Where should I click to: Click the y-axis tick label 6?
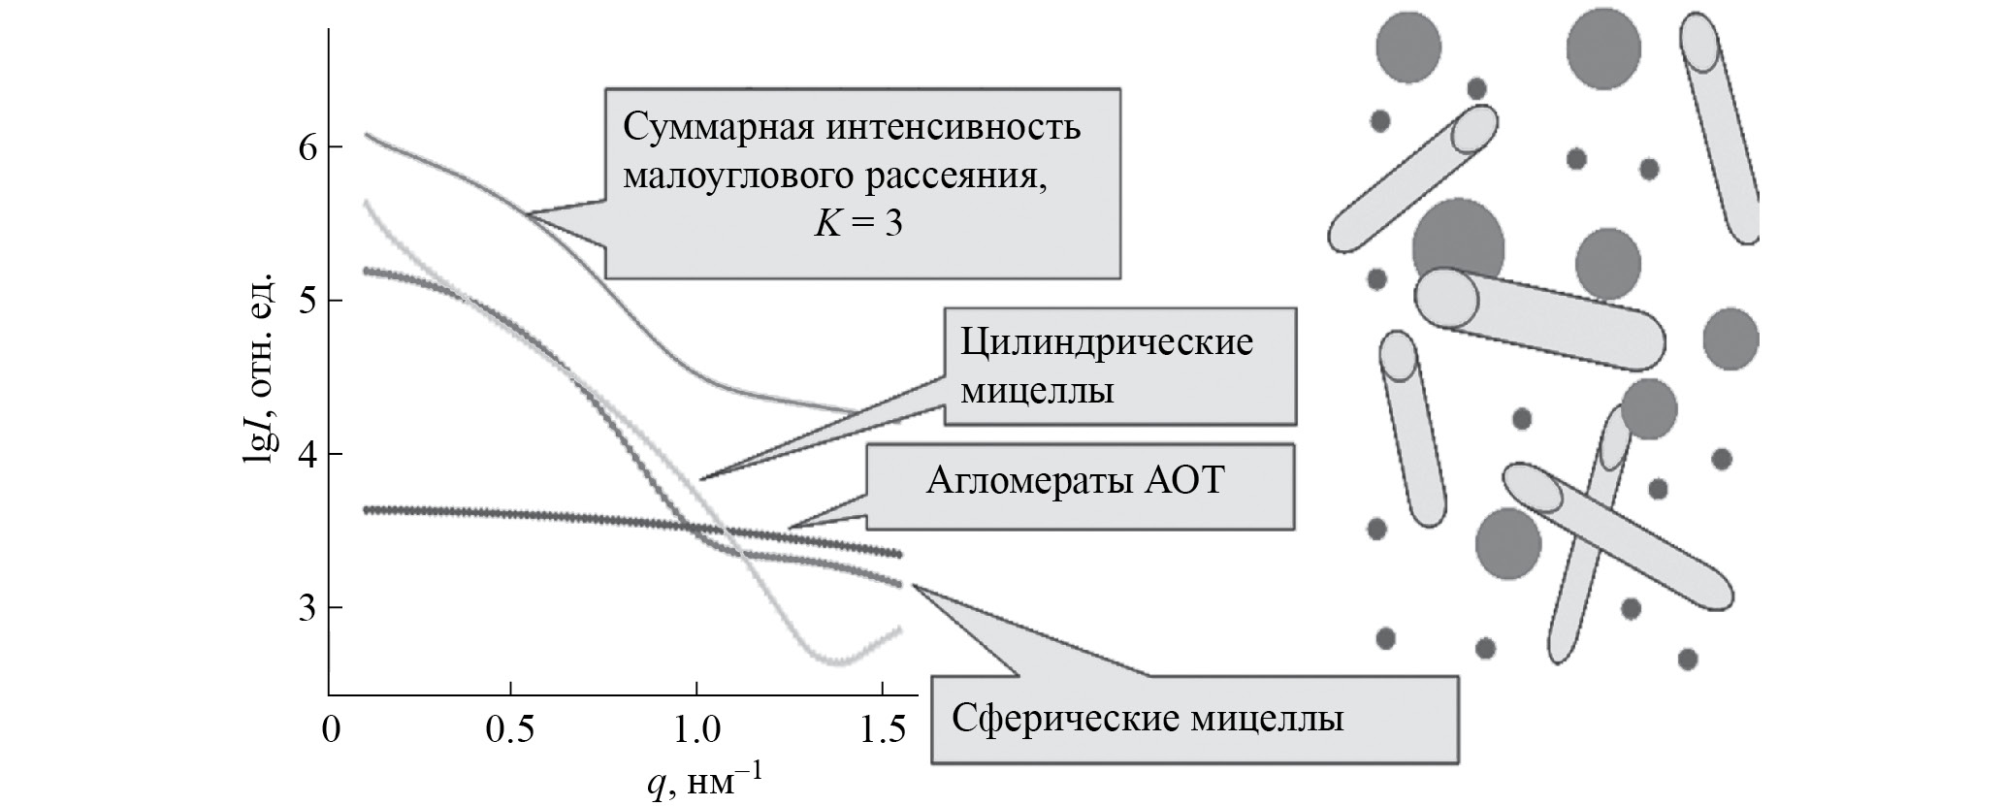[307, 147]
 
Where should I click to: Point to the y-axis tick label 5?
[307, 301]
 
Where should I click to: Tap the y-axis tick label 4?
[307, 454]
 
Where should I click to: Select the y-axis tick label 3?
[307, 608]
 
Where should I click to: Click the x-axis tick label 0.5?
[508, 729]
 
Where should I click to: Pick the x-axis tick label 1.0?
[695, 729]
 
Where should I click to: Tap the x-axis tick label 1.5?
[883, 729]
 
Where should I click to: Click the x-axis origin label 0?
[331, 729]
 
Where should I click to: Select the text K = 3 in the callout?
[857, 224]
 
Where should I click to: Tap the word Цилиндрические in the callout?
[1107, 343]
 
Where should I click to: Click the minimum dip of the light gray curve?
[837, 662]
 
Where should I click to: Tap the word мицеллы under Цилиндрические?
[1036, 393]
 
